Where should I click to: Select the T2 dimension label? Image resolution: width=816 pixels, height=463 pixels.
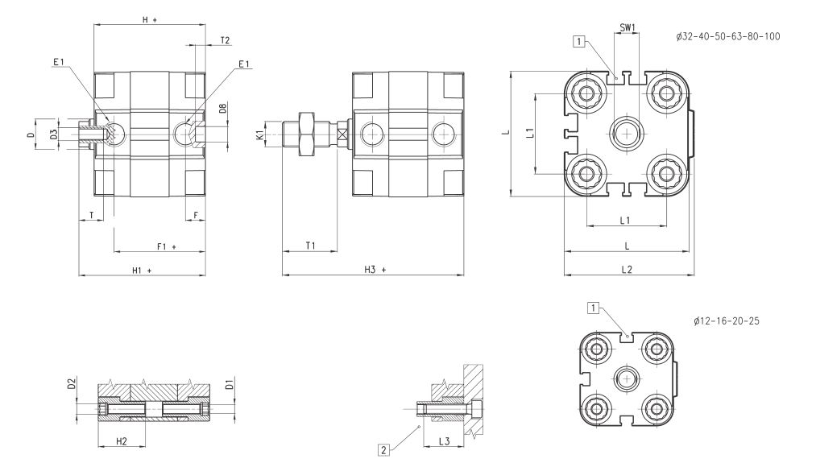[225, 40]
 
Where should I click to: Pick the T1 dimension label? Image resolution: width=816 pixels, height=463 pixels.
[310, 246]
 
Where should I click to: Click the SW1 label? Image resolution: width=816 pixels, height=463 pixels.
[628, 28]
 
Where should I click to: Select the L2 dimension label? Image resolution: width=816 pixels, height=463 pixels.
[627, 269]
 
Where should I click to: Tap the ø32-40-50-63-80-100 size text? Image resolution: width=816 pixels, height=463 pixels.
[729, 37]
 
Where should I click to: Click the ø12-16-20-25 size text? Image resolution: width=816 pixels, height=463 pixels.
[726, 320]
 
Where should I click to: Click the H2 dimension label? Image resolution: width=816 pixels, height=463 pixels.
[122, 440]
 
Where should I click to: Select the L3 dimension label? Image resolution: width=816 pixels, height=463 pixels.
[444, 440]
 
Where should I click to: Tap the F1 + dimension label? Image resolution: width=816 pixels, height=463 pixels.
[166, 246]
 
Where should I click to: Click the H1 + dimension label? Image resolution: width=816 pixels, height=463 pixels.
[142, 270]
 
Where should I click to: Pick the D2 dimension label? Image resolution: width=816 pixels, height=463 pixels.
[72, 386]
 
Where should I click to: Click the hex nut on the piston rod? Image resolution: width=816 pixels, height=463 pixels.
[307, 133]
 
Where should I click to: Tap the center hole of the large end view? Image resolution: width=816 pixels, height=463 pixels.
[626, 132]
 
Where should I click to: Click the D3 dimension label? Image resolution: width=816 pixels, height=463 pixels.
[53, 134]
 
